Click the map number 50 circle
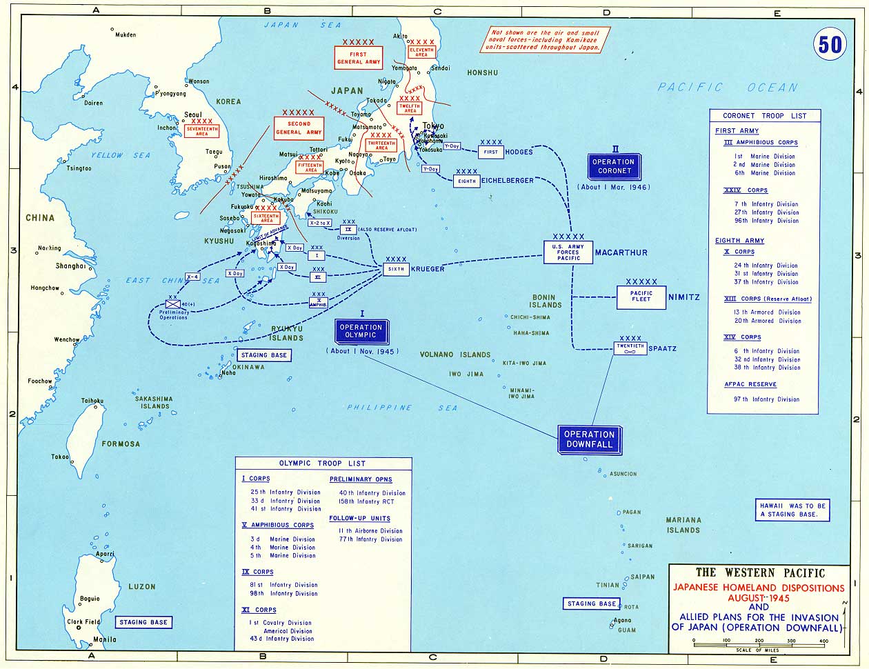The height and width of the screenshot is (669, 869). click(x=830, y=44)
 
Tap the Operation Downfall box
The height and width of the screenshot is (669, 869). click(x=589, y=439)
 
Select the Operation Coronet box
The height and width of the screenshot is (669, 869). click(x=612, y=166)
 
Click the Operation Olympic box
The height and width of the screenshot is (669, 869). click(x=361, y=331)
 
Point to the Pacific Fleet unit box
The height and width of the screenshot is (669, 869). click(x=641, y=296)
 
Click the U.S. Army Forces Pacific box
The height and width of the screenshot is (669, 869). click(x=568, y=252)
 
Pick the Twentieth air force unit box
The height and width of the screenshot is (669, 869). click(x=630, y=348)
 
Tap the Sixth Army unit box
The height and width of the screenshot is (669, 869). click(x=396, y=269)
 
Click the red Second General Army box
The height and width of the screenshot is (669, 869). click(x=299, y=128)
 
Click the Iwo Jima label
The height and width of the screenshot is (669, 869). click(x=464, y=375)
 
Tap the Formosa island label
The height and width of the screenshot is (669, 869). click(x=121, y=444)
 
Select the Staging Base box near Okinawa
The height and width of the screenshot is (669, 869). click(x=263, y=355)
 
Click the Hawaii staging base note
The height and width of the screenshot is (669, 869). click(x=792, y=510)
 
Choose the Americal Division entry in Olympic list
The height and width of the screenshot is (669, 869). click(x=287, y=631)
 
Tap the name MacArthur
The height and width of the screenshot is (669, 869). click(x=621, y=252)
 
